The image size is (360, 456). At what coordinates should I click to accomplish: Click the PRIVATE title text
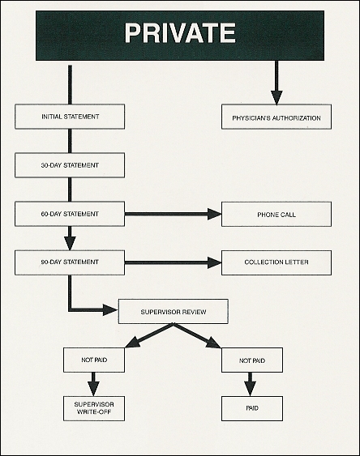[x=180, y=33]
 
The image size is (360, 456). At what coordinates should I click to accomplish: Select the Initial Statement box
[x=70, y=117]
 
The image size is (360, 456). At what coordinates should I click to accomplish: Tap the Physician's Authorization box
[x=276, y=117]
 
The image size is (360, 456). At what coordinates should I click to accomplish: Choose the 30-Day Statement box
[x=70, y=165]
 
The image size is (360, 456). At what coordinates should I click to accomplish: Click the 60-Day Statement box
[x=70, y=214]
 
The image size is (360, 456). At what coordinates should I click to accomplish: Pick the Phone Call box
[x=276, y=215]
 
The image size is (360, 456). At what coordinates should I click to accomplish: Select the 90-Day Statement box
[x=70, y=262]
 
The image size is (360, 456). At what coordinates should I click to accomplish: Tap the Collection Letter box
[x=276, y=262]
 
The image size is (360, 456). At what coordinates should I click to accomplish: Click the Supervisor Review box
[x=174, y=312]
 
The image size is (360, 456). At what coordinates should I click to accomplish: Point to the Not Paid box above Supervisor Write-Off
[x=94, y=360]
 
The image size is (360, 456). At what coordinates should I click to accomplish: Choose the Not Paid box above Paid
[x=252, y=360]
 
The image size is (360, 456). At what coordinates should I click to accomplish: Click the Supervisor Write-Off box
[x=94, y=408]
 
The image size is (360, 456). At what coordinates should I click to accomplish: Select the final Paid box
[x=252, y=408]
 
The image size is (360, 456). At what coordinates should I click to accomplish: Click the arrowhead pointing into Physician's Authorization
[x=276, y=98]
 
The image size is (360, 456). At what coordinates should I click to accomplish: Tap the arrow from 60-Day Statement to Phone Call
[x=174, y=214]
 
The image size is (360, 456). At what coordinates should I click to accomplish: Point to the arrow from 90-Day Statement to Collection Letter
[x=174, y=262]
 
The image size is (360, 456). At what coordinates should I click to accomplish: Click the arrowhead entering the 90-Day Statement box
[x=70, y=243]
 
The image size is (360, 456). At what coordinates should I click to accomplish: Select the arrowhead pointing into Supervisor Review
[x=111, y=310]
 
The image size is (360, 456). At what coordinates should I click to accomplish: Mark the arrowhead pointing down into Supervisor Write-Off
[x=93, y=389]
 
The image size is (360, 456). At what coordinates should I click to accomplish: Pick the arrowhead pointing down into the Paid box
[x=250, y=389]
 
